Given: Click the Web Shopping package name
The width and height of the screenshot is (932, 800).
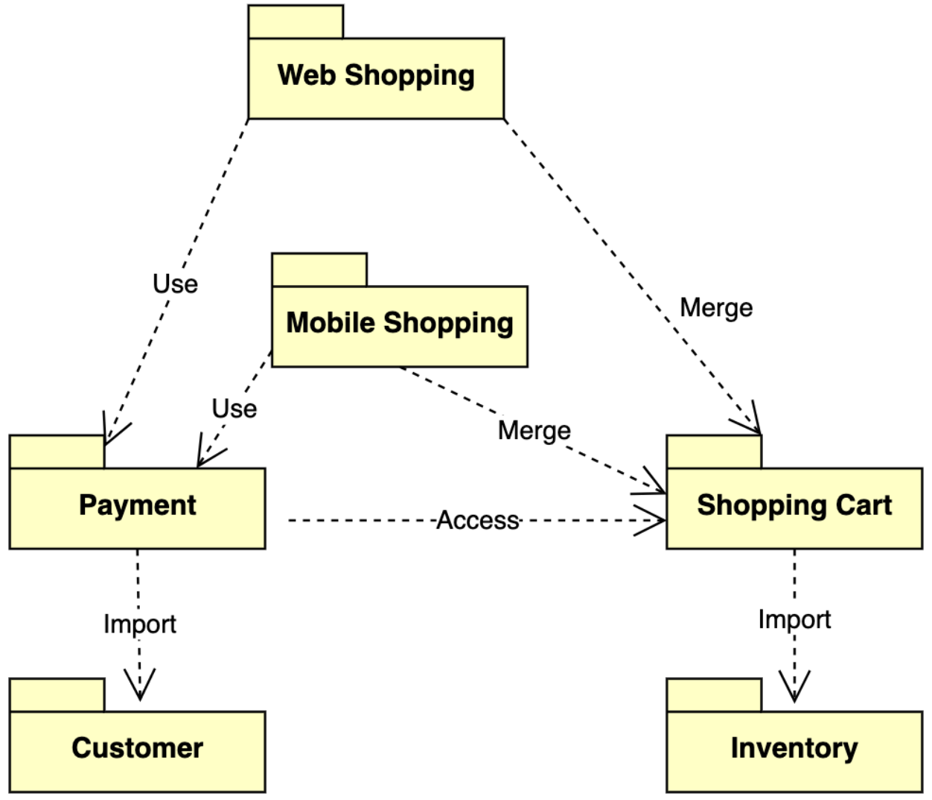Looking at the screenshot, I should (x=376, y=76).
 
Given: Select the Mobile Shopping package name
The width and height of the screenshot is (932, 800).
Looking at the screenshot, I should (x=400, y=324).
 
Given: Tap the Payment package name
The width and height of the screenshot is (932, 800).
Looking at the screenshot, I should (x=138, y=505).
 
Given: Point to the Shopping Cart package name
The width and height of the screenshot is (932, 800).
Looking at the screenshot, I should (x=794, y=505).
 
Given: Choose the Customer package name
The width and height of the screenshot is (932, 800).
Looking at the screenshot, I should (x=138, y=749).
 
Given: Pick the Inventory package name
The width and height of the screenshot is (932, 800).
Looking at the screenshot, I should (x=794, y=749).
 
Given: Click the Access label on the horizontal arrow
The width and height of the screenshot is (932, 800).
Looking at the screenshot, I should (x=477, y=520).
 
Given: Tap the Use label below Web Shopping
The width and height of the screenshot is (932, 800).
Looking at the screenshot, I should (x=175, y=284).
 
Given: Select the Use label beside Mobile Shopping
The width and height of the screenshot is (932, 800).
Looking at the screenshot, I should (x=234, y=409).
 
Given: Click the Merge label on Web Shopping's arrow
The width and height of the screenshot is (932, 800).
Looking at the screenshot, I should (x=716, y=308).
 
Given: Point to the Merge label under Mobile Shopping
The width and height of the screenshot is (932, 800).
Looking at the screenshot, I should (x=534, y=431).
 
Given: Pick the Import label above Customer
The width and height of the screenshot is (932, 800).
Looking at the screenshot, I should (x=140, y=624).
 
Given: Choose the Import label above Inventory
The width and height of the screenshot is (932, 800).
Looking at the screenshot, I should (x=794, y=619).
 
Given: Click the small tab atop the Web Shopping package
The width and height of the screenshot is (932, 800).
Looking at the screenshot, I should (x=296, y=22).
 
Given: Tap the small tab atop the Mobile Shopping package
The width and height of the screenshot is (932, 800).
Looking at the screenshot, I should (x=319, y=269).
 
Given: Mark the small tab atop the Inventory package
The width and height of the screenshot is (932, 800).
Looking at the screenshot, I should (x=714, y=695).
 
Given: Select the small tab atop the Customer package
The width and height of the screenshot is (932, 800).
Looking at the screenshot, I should (x=57, y=695).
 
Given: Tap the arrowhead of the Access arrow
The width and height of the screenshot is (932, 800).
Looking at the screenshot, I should (x=652, y=520).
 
